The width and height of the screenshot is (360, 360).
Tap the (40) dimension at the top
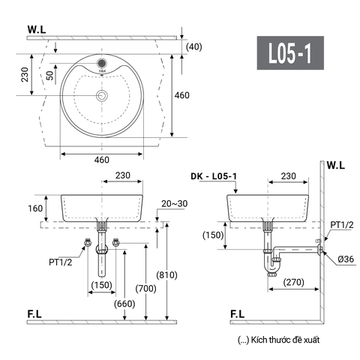[x=195, y=46]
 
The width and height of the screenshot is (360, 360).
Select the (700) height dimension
[x=139, y=287]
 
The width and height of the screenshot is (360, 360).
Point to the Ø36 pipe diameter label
[x=346, y=259]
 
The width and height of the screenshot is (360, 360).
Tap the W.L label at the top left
[x=38, y=31]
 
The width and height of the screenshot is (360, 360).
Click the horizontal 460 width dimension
[x=101, y=160]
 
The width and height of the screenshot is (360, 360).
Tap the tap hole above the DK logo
[x=101, y=63]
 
